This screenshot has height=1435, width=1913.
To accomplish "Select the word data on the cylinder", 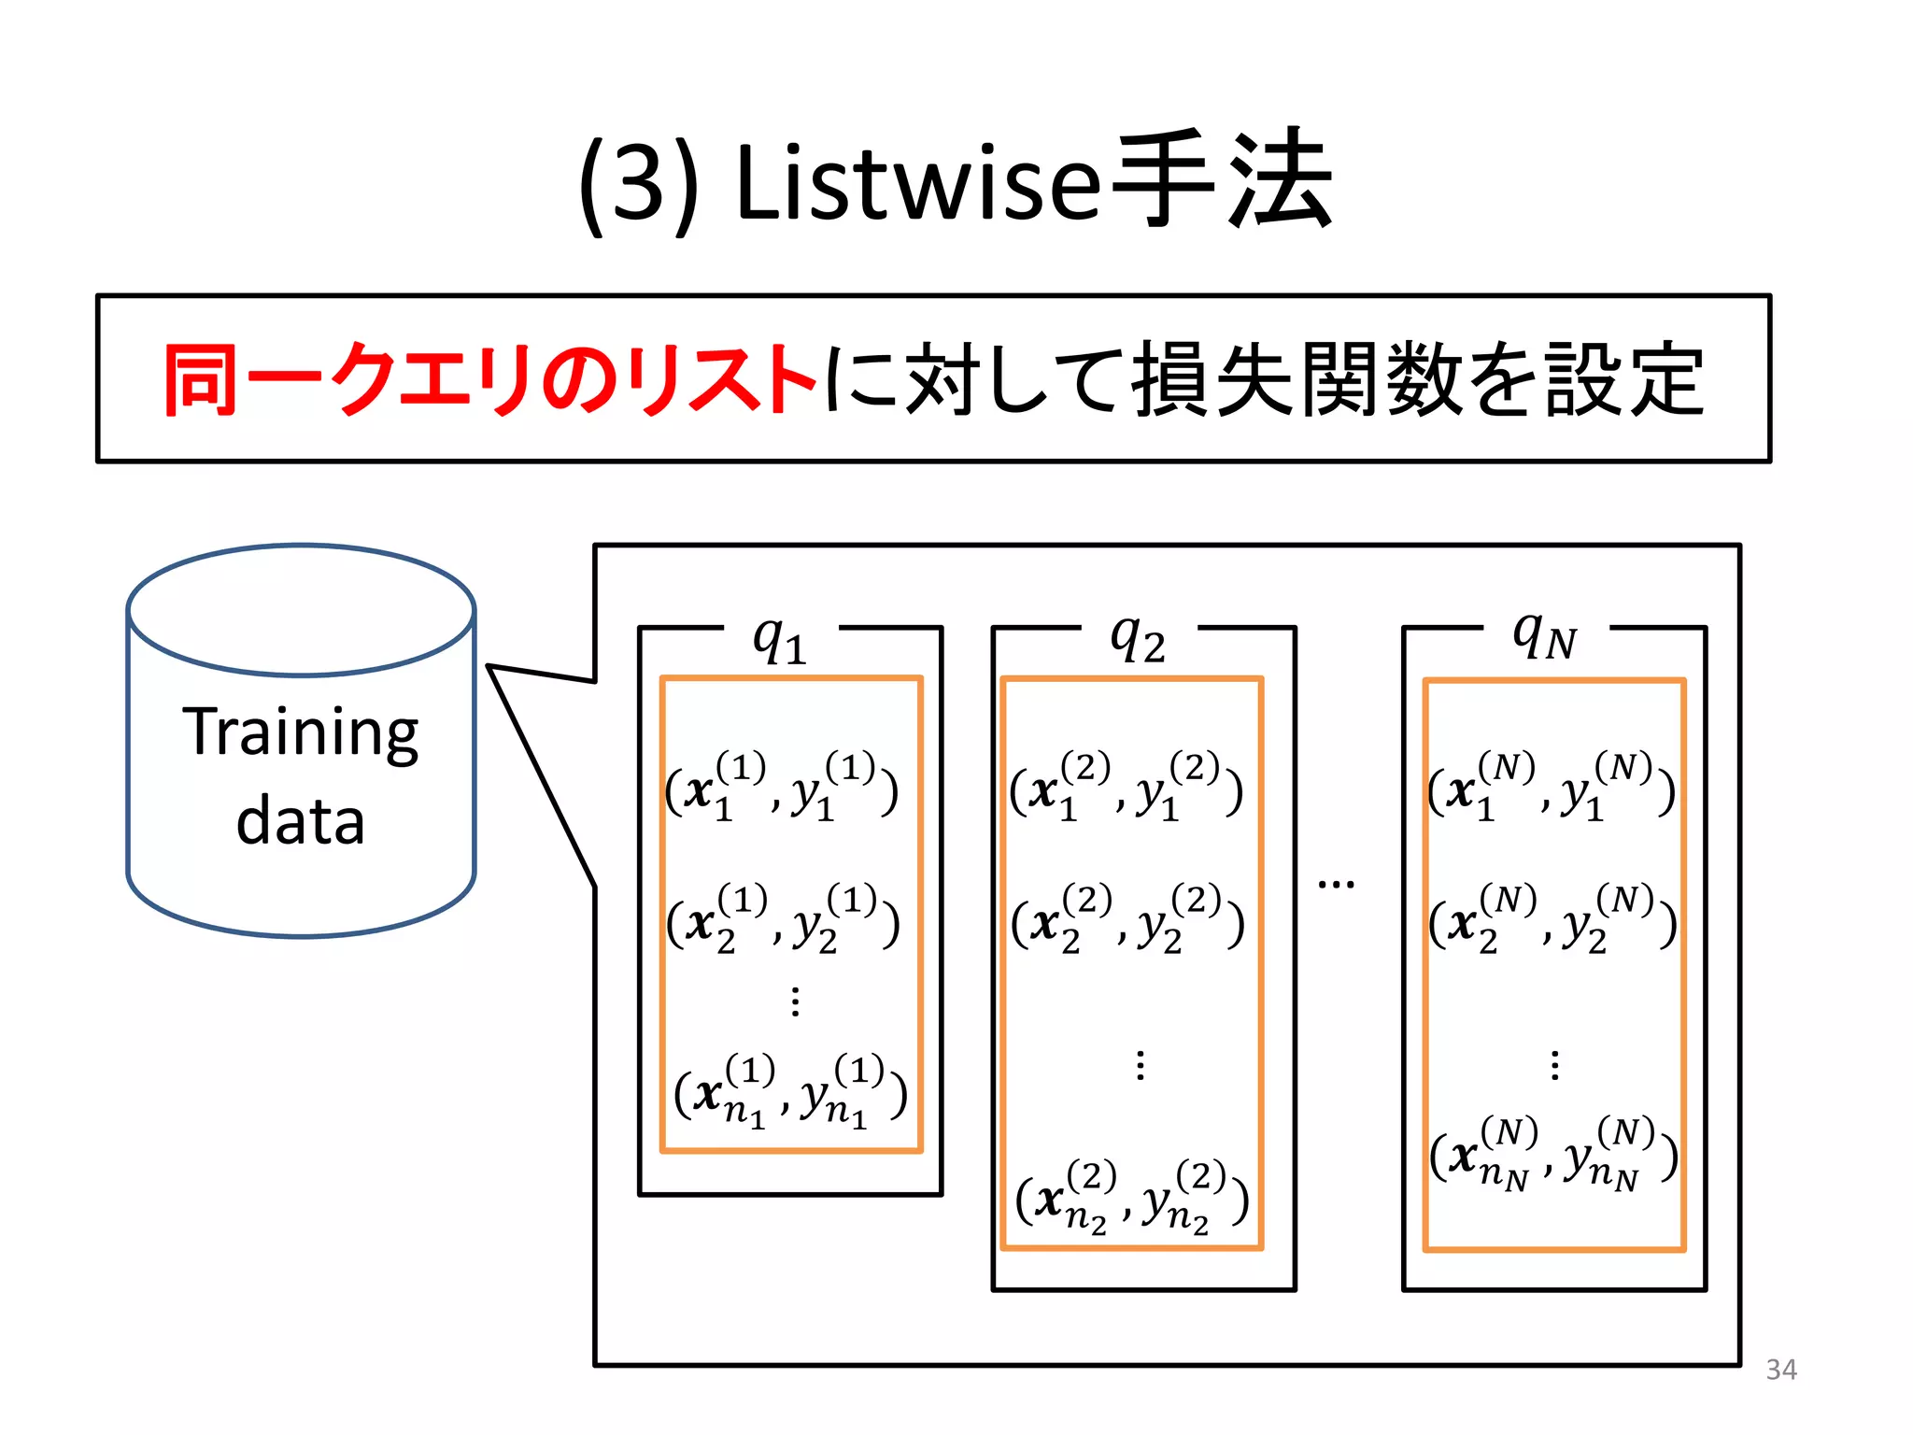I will [x=300, y=821].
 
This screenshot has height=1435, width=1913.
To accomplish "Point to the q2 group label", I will [x=1137, y=640].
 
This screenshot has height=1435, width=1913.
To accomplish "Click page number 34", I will [x=1780, y=1370].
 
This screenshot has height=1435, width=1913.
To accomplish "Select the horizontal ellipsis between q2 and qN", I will [x=1336, y=883].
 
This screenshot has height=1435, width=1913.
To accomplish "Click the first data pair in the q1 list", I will [x=782, y=787].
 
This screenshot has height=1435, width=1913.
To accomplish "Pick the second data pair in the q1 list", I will [x=783, y=919].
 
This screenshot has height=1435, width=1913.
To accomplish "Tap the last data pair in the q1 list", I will [x=790, y=1091].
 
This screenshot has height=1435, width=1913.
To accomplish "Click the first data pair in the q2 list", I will [x=1127, y=787].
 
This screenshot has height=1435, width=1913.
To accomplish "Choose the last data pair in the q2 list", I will [x=1132, y=1198].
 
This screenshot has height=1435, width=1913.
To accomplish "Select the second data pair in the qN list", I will [x=1552, y=919].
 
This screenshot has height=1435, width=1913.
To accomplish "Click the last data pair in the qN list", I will [x=1553, y=1154].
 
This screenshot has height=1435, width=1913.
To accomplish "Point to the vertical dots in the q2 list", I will [x=1140, y=1065].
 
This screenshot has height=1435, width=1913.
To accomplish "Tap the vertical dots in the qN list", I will [x=1554, y=1065].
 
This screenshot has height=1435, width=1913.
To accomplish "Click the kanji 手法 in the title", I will [x=1224, y=179].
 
